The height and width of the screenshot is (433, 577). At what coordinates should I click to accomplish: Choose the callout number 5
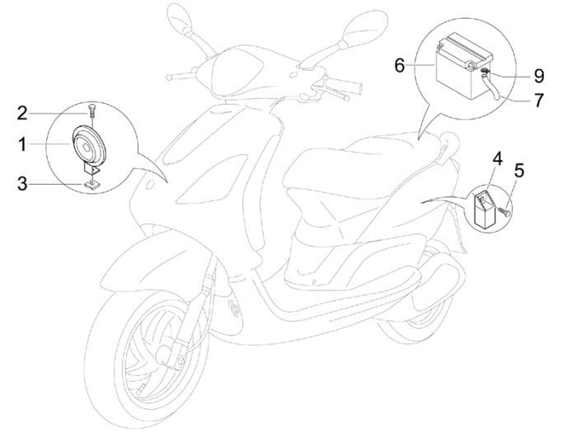(x=518, y=172)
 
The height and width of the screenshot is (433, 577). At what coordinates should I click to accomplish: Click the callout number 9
(x=537, y=77)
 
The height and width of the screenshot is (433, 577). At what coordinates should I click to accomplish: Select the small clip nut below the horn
(x=90, y=184)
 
